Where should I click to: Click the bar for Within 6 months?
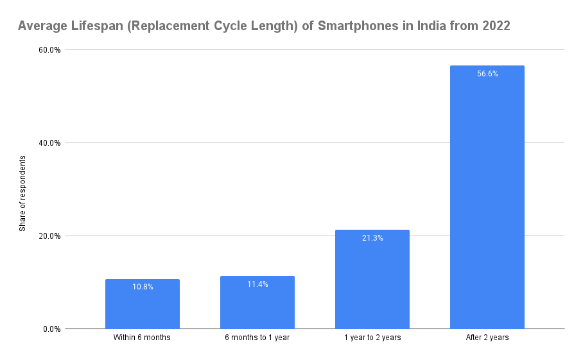(x=143, y=304)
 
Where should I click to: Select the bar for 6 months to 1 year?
(x=257, y=303)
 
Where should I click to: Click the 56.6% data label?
(x=487, y=74)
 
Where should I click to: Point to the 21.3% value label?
(x=372, y=238)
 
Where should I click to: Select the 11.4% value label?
(x=257, y=284)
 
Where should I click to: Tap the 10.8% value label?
(x=143, y=287)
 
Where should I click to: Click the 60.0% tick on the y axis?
(x=50, y=50)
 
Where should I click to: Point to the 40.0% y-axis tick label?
(x=50, y=143)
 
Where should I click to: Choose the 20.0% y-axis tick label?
(x=50, y=236)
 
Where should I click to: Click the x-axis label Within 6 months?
(x=143, y=338)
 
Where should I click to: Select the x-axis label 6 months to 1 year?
(x=257, y=338)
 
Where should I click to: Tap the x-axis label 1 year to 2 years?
(x=372, y=338)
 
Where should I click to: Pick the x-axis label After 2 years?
(x=487, y=338)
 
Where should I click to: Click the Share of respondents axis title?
(x=22, y=193)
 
